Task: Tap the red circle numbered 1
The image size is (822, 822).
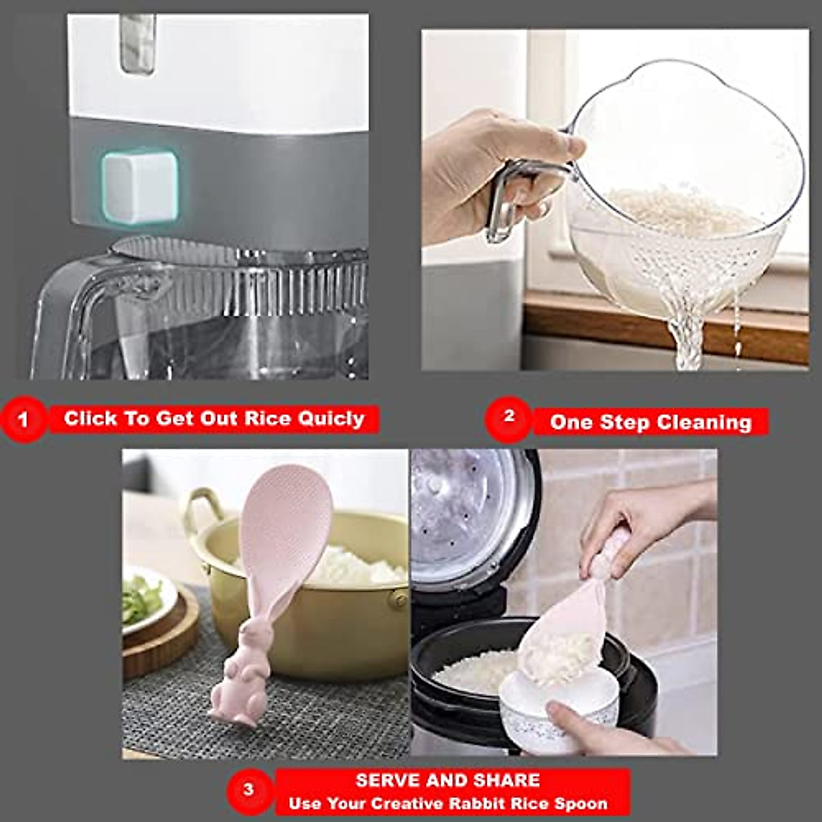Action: point(24,419)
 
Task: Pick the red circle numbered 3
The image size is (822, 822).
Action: point(248,790)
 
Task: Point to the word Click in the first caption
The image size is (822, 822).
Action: point(90,419)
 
